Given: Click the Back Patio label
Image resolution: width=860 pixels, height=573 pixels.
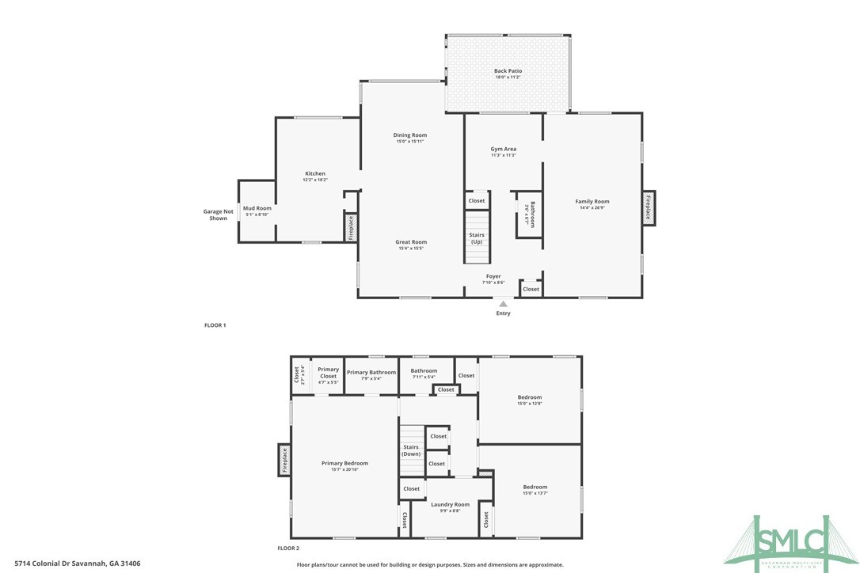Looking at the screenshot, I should (x=508, y=71).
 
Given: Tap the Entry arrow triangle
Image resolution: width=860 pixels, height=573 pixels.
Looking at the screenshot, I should (x=503, y=302).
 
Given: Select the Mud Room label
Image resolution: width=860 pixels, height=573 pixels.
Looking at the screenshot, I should (x=257, y=208).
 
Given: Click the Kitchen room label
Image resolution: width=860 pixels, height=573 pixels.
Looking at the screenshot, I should (x=315, y=173).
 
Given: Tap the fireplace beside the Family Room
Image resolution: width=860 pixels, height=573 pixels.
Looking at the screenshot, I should (x=649, y=207).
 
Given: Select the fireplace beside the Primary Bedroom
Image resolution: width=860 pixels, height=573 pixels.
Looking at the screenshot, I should (x=283, y=460).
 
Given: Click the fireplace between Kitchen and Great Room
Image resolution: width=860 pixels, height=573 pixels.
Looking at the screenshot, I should (x=350, y=227).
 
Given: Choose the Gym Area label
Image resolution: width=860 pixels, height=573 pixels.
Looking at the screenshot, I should (x=503, y=149).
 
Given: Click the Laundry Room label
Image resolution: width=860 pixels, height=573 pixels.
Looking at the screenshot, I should (x=450, y=504).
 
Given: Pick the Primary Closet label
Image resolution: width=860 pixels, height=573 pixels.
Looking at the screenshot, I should (x=328, y=372).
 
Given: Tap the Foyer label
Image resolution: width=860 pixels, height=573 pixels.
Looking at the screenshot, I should (x=493, y=276).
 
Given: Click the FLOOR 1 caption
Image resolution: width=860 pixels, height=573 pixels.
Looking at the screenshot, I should (x=215, y=325).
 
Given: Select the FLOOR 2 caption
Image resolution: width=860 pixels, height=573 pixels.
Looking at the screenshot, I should (x=288, y=548).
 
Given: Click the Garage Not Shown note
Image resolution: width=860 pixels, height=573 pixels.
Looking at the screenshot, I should (x=218, y=214).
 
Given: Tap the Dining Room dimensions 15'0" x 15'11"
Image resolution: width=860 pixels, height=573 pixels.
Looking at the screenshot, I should (x=409, y=142).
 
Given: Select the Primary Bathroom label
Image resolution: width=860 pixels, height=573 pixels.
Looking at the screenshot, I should (x=371, y=372).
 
